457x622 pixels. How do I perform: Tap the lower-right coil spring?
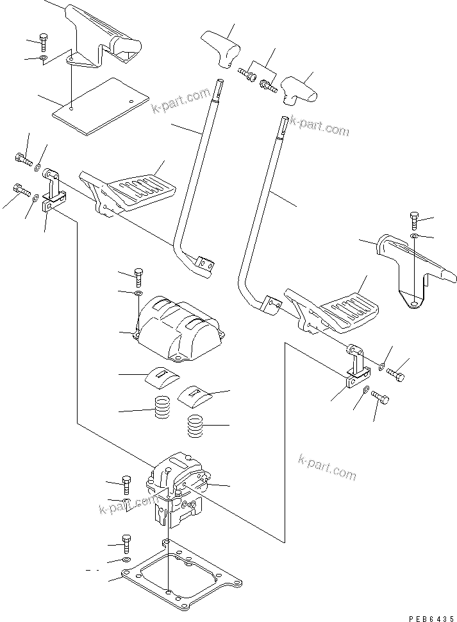195,426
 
